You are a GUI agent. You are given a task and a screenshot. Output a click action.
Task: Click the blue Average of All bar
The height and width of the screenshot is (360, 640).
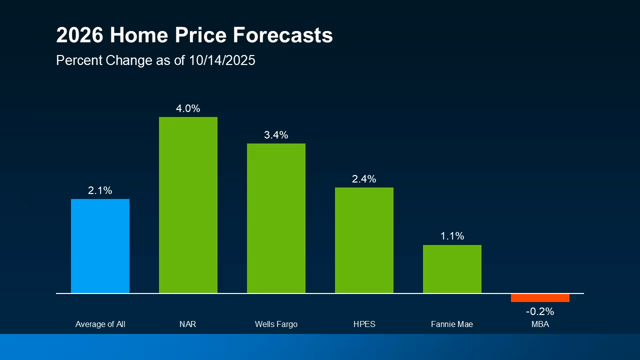100,246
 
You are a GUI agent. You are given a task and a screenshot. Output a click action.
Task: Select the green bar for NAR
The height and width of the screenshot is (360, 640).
188,205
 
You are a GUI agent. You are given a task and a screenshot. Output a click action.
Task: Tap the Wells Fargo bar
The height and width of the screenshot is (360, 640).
276,218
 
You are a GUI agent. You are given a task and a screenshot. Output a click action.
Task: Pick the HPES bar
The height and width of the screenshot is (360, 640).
364,240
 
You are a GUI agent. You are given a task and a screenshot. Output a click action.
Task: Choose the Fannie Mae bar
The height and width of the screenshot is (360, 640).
452,269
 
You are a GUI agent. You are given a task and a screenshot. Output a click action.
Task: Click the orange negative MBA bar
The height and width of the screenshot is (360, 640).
540,298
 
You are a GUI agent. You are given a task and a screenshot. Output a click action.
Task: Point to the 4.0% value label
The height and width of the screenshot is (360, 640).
188,108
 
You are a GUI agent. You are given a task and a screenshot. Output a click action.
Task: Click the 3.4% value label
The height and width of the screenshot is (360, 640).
276,135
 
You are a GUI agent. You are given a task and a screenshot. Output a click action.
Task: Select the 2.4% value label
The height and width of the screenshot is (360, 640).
364,179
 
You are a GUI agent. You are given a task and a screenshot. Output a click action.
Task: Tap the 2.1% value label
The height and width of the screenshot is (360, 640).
100,190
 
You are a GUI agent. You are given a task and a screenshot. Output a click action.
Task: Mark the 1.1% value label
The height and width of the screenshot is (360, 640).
452,236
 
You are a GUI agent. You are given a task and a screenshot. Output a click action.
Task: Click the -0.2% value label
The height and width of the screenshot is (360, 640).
540,311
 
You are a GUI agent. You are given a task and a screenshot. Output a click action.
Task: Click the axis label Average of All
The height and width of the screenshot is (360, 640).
100,324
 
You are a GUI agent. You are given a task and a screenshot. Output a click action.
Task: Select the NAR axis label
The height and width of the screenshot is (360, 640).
188,324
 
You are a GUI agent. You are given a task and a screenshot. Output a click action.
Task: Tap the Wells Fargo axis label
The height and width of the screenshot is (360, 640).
276,324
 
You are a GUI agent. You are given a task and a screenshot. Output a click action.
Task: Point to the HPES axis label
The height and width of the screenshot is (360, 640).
364,324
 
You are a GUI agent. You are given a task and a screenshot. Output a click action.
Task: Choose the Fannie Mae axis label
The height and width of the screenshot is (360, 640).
452,324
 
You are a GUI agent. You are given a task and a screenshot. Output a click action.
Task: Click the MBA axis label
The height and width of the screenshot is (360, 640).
540,324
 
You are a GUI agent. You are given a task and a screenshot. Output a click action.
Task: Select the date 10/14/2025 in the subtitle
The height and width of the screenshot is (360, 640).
222,60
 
